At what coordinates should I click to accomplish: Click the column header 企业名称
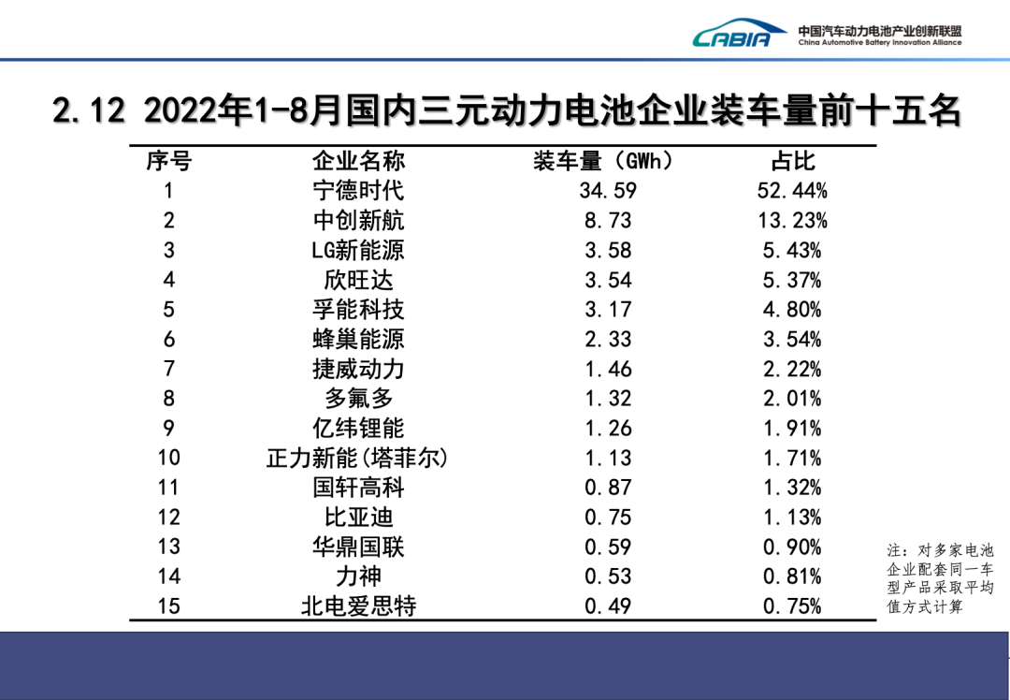[358, 161]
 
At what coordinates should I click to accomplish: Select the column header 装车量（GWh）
[603, 161]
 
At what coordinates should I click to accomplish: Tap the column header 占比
[792, 161]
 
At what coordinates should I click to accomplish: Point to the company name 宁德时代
[358, 191]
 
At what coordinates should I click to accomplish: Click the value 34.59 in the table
[608, 191]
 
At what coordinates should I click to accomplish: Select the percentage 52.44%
[792, 191]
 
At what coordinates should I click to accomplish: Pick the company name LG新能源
[358, 250]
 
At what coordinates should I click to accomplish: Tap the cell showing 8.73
[608, 221]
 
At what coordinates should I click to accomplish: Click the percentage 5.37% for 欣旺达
[792, 280]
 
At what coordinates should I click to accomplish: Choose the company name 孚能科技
[358, 310]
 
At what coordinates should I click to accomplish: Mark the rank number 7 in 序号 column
[169, 369]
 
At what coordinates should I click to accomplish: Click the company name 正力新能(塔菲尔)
[358, 459]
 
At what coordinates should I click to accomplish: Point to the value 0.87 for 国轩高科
[608, 488]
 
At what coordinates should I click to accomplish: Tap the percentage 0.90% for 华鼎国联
[792, 547]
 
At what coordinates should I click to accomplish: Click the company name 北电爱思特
[358, 606]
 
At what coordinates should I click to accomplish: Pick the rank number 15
[169, 606]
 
